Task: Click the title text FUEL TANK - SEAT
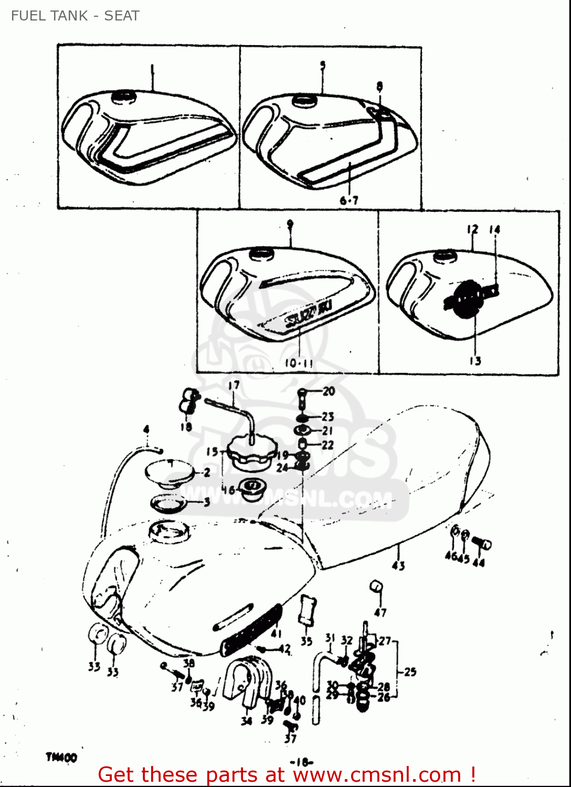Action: (x=75, y=16)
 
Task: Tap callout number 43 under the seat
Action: (x=398, y=565)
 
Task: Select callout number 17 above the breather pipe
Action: (x=234, y=385)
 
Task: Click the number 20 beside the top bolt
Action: (x=329, y=391)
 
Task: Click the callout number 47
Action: (x=380, y=612)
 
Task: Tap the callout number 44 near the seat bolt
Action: (x=479, y=562)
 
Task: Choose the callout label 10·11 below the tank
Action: (x=299, y=363)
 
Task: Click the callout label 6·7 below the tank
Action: (x=349, y=200)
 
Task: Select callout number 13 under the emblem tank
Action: (x=475, y=360)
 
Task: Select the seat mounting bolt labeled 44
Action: (x=482, y=544)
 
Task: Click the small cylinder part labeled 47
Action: (x=376, y=586)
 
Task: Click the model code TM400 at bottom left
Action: (x=61, y=757)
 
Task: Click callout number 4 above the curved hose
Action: (x=146, y=430)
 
